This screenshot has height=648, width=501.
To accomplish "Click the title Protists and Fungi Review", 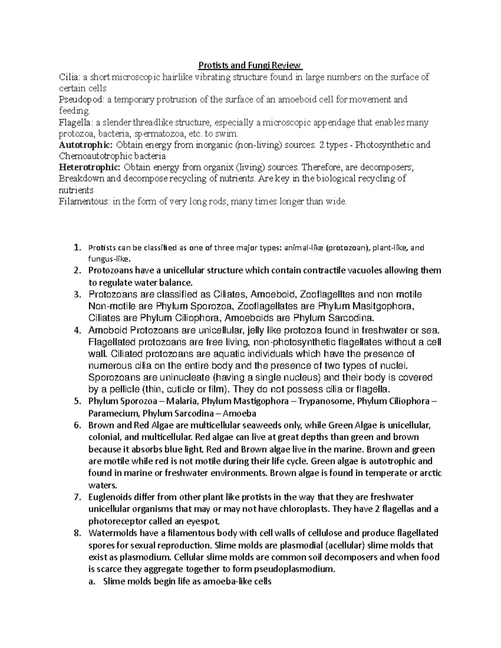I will [x=250, y=65].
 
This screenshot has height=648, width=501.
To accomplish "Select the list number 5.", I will [x=76, y=401].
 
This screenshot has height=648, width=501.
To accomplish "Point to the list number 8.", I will [x=76, y=533].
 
